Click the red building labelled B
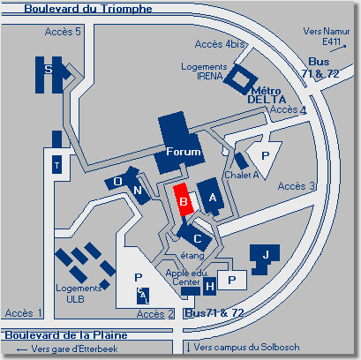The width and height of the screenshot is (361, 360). point(184,199)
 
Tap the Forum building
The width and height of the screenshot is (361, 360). point(179,144)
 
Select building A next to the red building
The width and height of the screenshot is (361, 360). point(211,197)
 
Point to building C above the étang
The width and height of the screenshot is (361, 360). point(195,236)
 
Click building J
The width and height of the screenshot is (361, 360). point(264,259)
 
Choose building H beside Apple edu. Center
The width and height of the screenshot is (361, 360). point(209,286)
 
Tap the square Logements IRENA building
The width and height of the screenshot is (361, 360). point(240,79)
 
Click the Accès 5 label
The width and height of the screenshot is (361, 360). point(63,32)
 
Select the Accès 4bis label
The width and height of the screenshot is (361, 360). point(220,44)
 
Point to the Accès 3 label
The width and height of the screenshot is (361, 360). point(296,186)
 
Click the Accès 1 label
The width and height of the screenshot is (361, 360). point(23,313)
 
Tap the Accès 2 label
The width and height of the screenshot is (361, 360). point(155,314)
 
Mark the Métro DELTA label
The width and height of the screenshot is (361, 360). point(267,95)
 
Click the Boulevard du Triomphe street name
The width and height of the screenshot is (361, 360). point(88,9)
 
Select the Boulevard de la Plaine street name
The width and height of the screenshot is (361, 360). point(66,335)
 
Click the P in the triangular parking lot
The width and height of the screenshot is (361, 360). point(265,155)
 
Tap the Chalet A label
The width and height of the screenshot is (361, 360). point(242,175)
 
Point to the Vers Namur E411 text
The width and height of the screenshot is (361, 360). point(327,36)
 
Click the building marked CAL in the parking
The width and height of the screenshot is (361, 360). point(143,296)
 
